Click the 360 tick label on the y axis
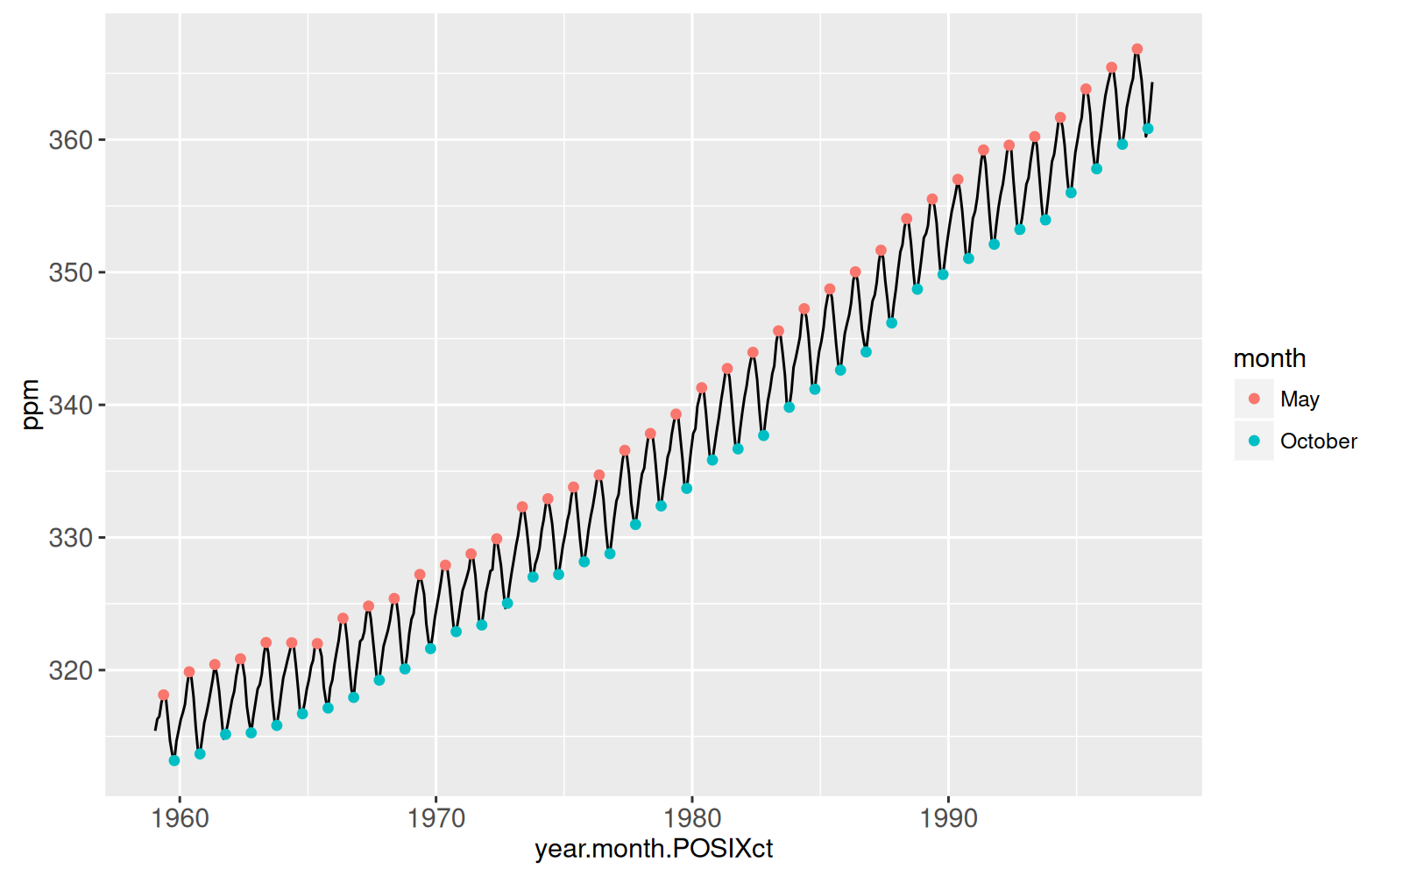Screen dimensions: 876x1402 coord(70,140)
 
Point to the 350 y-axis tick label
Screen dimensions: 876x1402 coord(70,272)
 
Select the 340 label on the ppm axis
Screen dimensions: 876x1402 coord(70,405)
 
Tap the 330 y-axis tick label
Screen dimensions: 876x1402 coord(70,538)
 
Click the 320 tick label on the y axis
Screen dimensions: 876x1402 coord(70,670)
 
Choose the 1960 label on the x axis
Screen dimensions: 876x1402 coord(180,818)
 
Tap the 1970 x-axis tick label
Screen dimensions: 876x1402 coord(436,818)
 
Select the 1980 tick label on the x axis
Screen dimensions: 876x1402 coord(692,818)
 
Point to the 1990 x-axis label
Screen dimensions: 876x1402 coord(948,818)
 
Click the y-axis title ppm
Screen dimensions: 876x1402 coord(31,405)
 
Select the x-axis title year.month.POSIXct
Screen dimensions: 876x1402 coord(654,849)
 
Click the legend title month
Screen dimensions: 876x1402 coord(1269,358)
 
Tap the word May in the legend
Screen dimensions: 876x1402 coord(1299,399)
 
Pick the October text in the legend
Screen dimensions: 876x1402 coord(1318,442)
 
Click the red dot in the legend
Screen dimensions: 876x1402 coord(1254,399)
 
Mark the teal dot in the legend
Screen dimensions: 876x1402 coord(1254,441)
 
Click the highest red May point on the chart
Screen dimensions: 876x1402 coord(1136,49)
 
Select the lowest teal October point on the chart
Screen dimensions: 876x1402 coord(174,760)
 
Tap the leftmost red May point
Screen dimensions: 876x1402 coord(164,695)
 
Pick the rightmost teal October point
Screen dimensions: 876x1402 coord(1148,129)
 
